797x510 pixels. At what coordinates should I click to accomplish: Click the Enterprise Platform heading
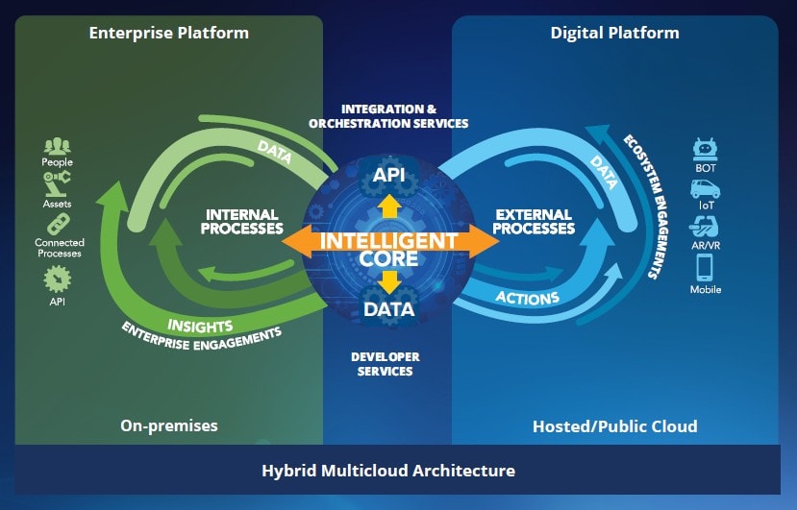tap(168, 33)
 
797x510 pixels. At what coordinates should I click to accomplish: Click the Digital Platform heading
tap(614, 33)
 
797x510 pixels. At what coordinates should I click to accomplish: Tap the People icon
tap(58, 146)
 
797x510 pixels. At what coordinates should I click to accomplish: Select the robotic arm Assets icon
tap(58, 186)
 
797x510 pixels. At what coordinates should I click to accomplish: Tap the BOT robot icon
tap(706, 150)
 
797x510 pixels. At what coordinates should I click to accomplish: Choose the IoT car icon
tap(706, 189)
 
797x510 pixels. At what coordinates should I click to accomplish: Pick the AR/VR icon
tap(706, 228)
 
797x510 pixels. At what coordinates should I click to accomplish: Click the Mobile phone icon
tap(706, 266)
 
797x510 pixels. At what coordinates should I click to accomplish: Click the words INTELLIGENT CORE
tap(389, 249)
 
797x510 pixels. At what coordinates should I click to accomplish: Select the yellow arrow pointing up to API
tap(389, 206)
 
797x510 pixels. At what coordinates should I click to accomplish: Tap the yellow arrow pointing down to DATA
tap(389, 281)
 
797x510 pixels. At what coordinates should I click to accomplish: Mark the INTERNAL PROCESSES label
tap(241, 222)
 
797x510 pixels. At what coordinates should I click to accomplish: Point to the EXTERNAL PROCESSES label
tap(534, 222)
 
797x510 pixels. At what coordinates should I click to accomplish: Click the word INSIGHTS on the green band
tap(200, 325)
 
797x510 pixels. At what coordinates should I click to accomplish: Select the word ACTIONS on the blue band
tap(527, 299)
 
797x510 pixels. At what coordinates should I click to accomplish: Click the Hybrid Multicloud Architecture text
tap(388, 471)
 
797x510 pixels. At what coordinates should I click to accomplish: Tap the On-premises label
tap(169, 425)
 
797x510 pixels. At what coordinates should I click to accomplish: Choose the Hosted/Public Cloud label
tap(614, 425)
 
